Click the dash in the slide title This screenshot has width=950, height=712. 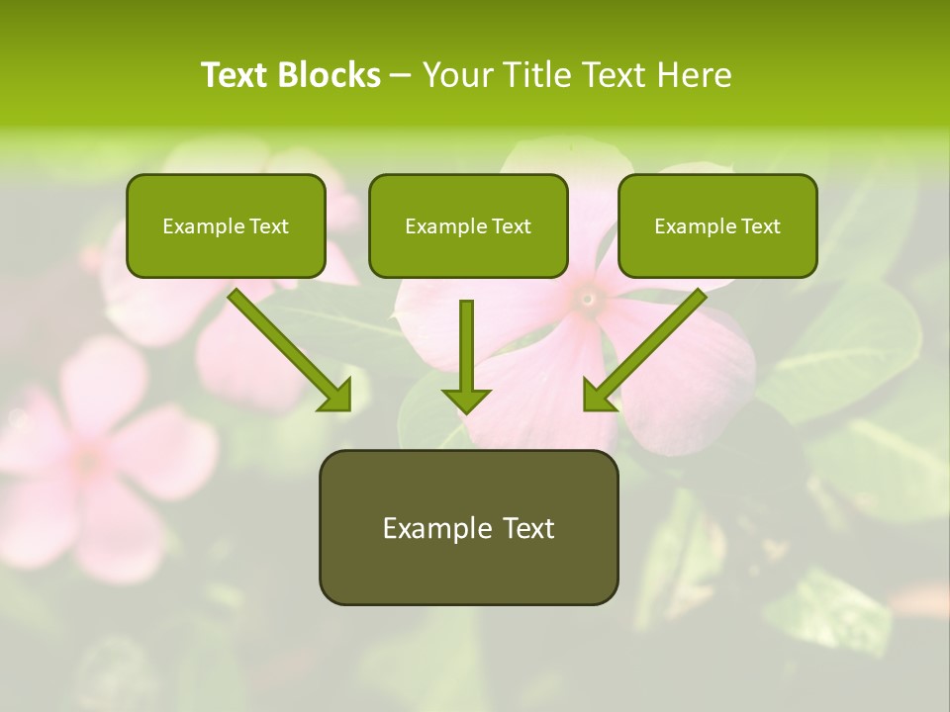[402, 75]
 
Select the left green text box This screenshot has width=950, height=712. [226, 225]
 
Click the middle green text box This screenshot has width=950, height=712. [468, 225]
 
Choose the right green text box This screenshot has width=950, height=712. [717, 225]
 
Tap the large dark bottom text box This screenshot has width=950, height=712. [468, 527]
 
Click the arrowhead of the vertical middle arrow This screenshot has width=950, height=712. [466, 400]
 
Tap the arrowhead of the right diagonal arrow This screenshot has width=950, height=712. [598, 396]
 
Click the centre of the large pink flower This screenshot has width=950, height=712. [588, 296]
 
